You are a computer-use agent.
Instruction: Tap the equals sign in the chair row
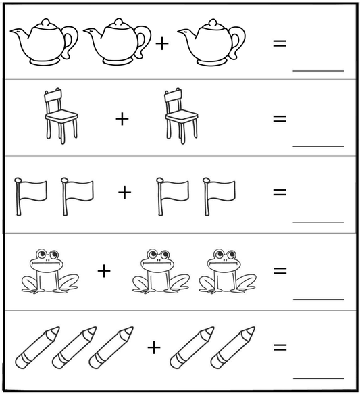pos(279,119)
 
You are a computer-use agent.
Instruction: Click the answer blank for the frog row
pos(318,297)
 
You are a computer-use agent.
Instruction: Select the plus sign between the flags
pos(124,193)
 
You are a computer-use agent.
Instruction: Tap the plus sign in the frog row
pos(103,271)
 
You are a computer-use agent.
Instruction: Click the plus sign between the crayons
pos(154,347)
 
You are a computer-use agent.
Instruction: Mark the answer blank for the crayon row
pos(318,377)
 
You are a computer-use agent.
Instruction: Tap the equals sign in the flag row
pos(279,192)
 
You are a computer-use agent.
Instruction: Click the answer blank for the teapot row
pos(318,69)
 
